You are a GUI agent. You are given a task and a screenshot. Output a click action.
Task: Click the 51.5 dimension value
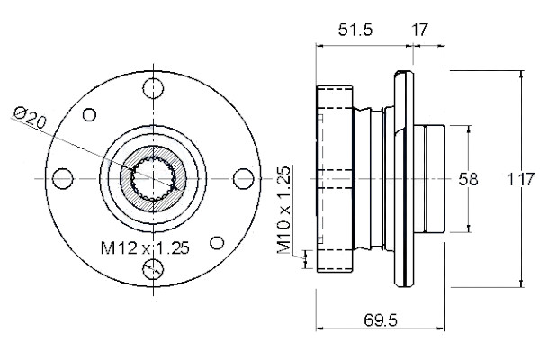click(355, 30)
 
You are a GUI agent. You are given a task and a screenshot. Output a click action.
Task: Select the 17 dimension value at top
click(419, 30)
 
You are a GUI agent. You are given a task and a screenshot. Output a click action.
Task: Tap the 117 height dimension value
click(521, 179)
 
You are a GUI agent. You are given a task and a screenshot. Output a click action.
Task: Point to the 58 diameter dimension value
click(468, 179)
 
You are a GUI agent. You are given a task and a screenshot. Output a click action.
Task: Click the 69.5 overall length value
click(381, 320)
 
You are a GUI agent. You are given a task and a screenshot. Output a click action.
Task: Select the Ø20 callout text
click(30, 117)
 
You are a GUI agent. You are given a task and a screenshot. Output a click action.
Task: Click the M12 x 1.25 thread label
click(145, 247)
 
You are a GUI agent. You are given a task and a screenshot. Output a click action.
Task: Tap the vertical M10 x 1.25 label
click(284, 210)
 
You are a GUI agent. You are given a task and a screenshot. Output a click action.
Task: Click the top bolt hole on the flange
click(153, 88)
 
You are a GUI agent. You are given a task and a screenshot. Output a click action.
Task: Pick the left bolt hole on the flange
click(63, 178)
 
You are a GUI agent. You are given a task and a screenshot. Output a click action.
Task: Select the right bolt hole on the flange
click(244, 178)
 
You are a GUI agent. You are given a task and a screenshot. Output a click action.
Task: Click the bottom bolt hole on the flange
click(153, 269)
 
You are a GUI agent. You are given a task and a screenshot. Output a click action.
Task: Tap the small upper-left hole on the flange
click(89, 114)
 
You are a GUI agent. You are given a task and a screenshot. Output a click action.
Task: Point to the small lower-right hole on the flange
click(217, 243)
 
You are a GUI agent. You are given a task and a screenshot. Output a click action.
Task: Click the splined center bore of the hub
click(153, 178)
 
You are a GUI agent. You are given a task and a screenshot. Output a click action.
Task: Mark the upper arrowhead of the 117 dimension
click(522, 74)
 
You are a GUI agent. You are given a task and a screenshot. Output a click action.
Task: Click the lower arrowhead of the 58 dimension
click(468, 229)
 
